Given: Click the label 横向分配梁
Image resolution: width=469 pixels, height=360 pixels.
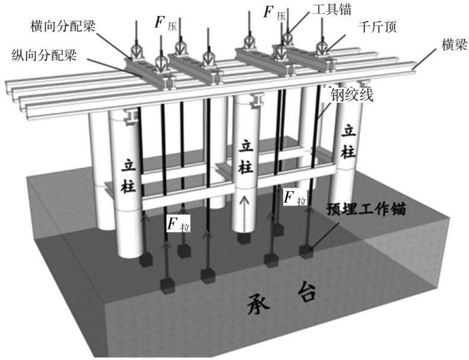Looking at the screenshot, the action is click(x=63, y=26).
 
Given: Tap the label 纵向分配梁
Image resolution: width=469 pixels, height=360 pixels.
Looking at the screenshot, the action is click(x=45, y=55).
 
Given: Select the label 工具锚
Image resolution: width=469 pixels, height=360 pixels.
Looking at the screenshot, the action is click(x=332, y=10).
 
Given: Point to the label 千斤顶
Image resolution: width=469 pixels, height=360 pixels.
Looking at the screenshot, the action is click(x=377, y=27).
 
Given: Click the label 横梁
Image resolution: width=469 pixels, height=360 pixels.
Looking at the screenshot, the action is click(x=454, y=45).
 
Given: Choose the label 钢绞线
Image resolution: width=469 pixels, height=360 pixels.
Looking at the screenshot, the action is click(x=351, y=96).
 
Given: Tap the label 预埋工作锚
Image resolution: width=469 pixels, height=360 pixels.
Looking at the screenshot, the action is click(x=366, y=209).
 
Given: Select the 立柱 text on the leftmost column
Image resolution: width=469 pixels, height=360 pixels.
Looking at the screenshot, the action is click(x=129, y=177).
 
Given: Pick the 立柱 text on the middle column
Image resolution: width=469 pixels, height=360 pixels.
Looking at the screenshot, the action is click(x=246, y=157).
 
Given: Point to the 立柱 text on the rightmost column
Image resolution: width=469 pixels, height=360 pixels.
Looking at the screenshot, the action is click(x=348, y=142).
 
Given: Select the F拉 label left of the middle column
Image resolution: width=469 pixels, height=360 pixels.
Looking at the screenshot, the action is click(x=178, y=223).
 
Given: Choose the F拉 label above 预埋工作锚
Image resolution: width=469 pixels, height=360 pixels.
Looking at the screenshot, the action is click(x=295, y=197).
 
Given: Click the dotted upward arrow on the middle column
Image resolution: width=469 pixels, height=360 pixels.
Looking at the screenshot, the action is click(x=245, y=214).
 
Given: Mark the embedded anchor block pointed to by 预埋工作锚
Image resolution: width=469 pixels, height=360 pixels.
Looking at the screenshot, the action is click(x=306, y=251).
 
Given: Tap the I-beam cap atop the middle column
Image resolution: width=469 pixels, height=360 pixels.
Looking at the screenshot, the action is click(x=256, y=100).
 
